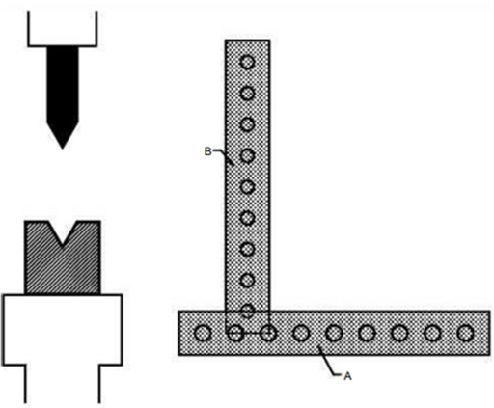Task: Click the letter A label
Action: coord(347,376)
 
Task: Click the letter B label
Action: coord(208,151)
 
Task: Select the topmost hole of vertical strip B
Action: coord(247,62)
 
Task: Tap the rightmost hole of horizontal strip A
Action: coord(465,333)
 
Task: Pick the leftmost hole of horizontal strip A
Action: coord(203,333)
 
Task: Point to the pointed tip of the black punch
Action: coord(63,149)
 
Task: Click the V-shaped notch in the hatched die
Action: coord(63,233)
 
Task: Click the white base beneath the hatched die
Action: coord(63,330)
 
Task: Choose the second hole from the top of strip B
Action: coord(247,94)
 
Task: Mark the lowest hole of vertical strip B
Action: coord(247,311)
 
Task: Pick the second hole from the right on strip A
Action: coord(432,333)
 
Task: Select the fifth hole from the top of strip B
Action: coord(247,186)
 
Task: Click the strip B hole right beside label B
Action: coord(247,155)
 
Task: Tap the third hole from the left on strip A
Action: coord(268,333)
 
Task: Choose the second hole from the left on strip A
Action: coord(235,333)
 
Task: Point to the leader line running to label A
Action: coord(328,363)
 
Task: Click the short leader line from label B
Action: coord(225,156)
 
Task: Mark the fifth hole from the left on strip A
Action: coord(334,333)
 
